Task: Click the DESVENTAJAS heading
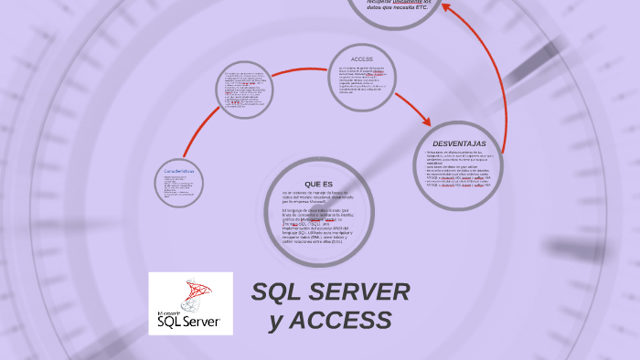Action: pyautogui.click(x=459, y=144)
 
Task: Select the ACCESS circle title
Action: pyautogui.click(x=362, y=58)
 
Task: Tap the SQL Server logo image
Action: pyautogui.click(x=191, y=303)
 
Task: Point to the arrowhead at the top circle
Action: pyautogui.click(x=446, y=7)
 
